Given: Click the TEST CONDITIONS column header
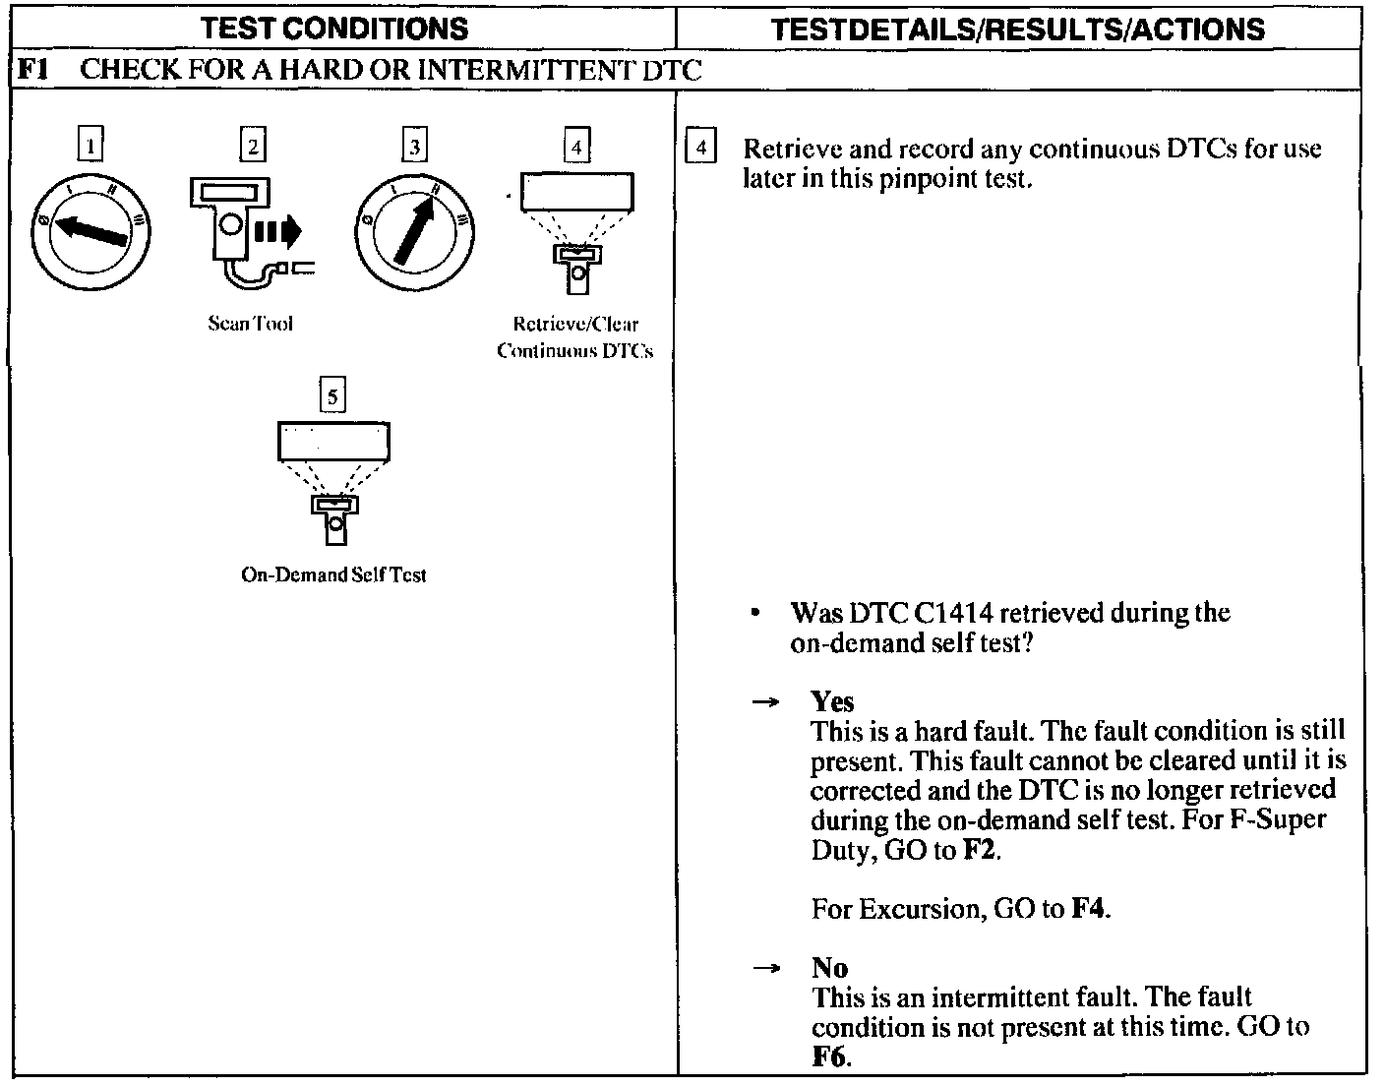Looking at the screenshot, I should tap(334, 29).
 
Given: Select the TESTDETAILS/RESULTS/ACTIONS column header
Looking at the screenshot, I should tap(1018, 30).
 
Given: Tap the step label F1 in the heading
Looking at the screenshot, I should tap(33, 70).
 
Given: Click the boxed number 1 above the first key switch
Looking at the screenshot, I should tap(90, 147).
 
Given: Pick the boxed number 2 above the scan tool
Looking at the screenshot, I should tap(253, 147).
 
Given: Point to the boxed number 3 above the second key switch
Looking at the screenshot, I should tap(415, 147).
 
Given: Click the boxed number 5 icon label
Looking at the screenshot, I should tap(333, 396).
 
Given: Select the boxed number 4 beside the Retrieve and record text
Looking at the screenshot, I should tap(700, 149).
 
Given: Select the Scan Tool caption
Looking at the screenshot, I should tap(250, 324).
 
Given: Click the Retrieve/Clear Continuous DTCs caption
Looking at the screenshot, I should tap(575, 337).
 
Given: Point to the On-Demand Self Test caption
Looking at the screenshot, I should tap(333, 575).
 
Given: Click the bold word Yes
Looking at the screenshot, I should tap(832, 701).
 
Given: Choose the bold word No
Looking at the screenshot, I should tap(829, 968).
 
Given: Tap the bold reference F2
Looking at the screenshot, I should tap(980, 850).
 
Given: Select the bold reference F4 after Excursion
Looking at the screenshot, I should tap(1089, 909).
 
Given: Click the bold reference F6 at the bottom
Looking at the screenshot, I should tap(830, 1057).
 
